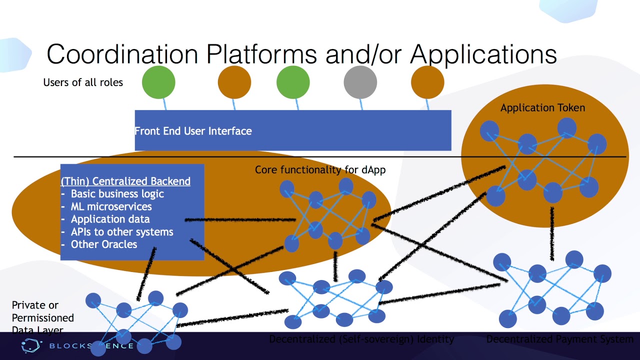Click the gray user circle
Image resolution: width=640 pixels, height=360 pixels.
[360, 81]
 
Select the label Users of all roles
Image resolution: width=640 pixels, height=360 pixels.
[83, 82]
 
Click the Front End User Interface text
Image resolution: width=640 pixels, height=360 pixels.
[193, 131]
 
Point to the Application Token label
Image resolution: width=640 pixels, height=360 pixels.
[542, 107]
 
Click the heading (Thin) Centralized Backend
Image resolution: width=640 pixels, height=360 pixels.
[125, 181]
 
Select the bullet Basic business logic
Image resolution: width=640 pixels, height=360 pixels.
[117, 194]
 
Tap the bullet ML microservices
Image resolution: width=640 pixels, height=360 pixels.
[111, 206]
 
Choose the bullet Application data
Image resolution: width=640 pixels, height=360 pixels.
[110, 219]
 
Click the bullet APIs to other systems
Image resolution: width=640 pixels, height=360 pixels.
[122, 232]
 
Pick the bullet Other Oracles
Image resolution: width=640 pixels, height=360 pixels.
[103, 244]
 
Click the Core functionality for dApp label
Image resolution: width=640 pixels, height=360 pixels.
[320, 170]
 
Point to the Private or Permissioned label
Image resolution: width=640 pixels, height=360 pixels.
[42, 311]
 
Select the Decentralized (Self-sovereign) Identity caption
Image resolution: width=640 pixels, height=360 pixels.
[361, 339]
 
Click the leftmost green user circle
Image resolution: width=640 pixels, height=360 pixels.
[158, 81]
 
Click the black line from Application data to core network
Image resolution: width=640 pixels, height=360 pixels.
[240, 219]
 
